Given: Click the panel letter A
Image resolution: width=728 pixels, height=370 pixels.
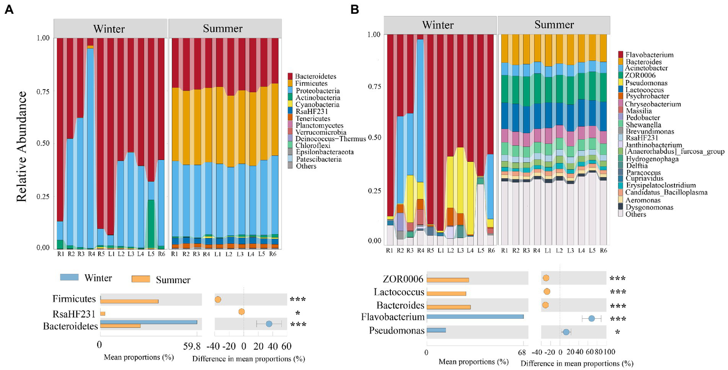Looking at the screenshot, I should pos(8,10).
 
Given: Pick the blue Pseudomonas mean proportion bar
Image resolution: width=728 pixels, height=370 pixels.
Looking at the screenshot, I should pos(436,330).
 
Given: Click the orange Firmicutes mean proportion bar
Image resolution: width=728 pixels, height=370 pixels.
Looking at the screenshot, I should pos(129,302).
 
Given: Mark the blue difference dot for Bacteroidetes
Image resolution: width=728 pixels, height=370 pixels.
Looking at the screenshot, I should pos(269,324).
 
